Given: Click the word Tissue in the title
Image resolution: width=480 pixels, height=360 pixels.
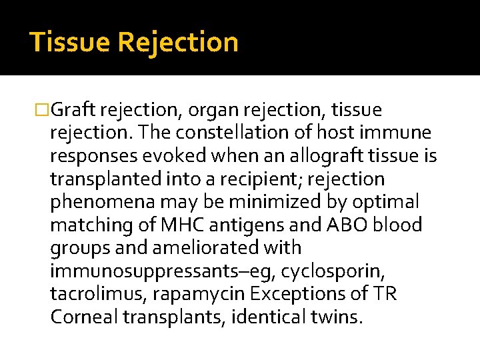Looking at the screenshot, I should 70,42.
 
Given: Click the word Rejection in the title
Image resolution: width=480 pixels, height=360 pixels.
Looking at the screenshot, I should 178,42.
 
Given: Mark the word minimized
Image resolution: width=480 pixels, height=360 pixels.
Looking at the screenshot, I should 265,202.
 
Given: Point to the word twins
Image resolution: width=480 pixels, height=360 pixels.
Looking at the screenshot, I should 333,317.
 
